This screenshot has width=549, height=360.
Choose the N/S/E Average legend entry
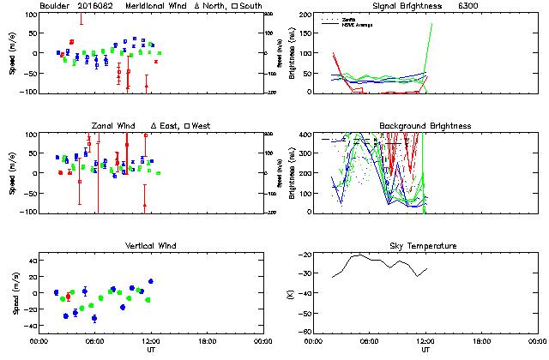tap(359, 22)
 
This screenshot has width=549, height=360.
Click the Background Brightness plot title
tap(425, 126)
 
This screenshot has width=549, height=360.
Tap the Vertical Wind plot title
tap(148, 246)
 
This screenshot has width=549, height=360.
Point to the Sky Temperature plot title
tap(425, 246)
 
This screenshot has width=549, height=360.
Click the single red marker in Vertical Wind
tap(69, 297)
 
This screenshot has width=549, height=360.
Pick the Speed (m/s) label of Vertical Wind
tap(14, 293)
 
